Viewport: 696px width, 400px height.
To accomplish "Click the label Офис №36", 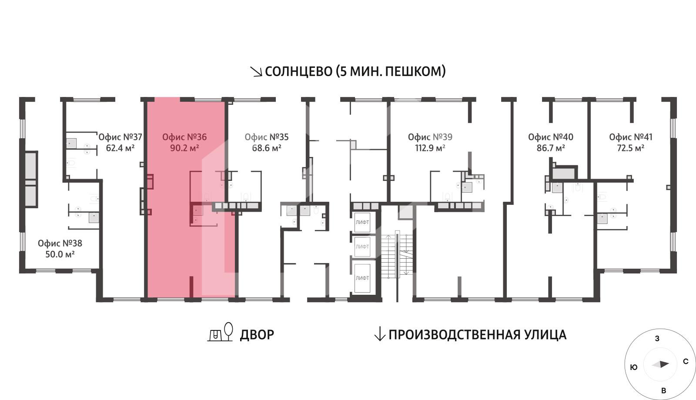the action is coord(184,137).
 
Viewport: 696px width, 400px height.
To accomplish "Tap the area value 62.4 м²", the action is coord(120,148).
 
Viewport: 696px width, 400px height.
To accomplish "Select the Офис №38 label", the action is coord(60,243).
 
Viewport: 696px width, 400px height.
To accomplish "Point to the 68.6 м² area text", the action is coord(267,148).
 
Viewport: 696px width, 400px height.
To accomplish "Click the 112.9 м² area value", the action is coord(430,148).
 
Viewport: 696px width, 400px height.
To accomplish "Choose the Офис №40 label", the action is coord(551,137).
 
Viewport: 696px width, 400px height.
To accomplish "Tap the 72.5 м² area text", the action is coord(630,148).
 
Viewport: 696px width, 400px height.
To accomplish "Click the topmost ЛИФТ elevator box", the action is coord(362,222).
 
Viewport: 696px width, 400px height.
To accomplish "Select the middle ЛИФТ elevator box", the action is coord(362,247).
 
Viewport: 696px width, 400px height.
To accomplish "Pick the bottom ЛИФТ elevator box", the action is coord(362,278).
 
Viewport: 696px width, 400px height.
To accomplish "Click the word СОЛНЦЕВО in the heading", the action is coord(298,71).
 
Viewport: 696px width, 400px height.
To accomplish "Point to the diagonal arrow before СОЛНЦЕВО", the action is coord(256,72).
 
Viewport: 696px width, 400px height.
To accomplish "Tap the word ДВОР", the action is coord(257,335).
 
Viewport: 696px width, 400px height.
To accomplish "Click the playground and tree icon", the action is coord(220,332).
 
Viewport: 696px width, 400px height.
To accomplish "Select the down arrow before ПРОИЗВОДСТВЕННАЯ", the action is coord(379,334).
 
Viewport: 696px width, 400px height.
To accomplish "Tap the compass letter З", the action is coord(657,339).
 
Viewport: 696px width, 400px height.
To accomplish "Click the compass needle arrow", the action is coord(660,364).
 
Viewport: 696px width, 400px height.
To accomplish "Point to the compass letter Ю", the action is coord(633,367).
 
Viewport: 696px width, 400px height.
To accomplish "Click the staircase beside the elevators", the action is coord(397,255).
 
